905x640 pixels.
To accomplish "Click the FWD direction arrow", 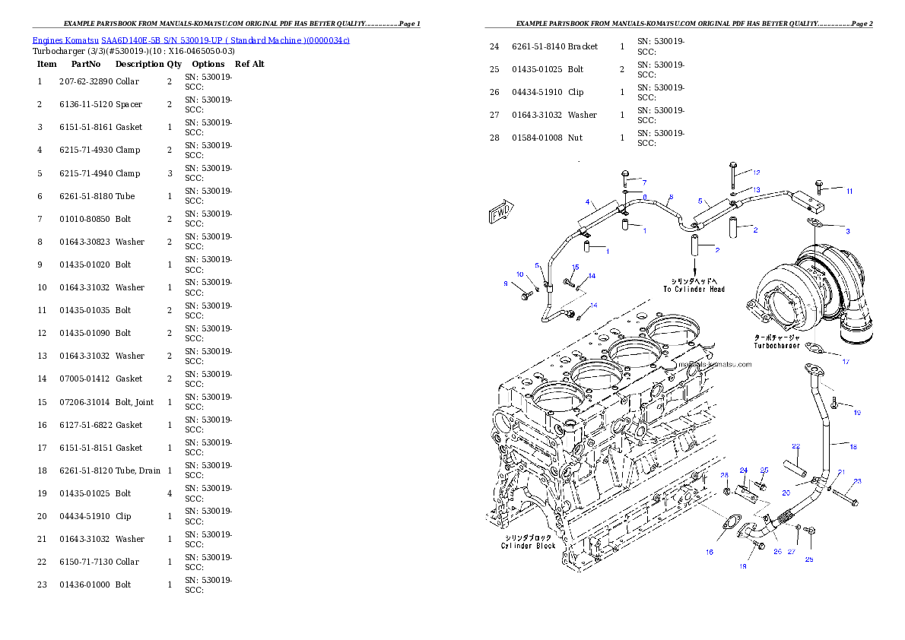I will (x=502, y=211).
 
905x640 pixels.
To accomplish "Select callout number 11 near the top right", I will (x=849, y=191).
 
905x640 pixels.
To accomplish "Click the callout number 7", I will (x=643, y=182).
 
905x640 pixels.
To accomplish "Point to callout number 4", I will (x=588, y=202).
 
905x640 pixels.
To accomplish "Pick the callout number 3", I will (x=848, y=230).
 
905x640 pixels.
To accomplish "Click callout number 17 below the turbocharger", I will (x=845, y=362).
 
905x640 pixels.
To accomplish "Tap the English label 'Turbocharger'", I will (x=776, y=346).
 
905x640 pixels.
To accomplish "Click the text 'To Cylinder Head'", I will (x=694, y=289).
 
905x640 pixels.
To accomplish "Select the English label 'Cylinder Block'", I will (x=528, y=546).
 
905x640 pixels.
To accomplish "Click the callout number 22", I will (x=795, y=446).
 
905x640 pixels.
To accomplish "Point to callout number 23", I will (x=857, y=481).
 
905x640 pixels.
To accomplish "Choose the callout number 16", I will (x=709, y=552).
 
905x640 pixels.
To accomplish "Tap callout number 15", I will (x=575, y=268).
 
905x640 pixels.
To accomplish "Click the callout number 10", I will (x=520, y=274).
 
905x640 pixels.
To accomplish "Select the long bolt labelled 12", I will (x=732, y=176).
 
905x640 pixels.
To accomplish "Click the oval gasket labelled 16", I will (x=730, y=524).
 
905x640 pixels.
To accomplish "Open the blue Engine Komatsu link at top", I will (x=191, y=40).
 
